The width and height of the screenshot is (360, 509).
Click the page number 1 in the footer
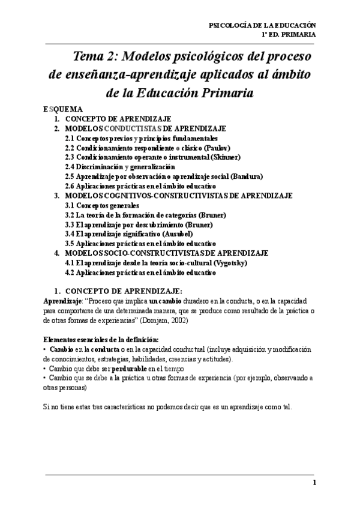pos(314,483)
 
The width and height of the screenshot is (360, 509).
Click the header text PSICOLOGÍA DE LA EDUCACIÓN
pos(261,26)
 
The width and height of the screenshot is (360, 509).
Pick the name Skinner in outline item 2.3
pos(225,157)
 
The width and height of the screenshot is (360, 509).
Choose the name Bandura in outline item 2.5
pos(247,176)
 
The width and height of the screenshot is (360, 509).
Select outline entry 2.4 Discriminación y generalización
pos(120,167)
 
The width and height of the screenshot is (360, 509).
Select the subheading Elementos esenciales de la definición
pos(101,339)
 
